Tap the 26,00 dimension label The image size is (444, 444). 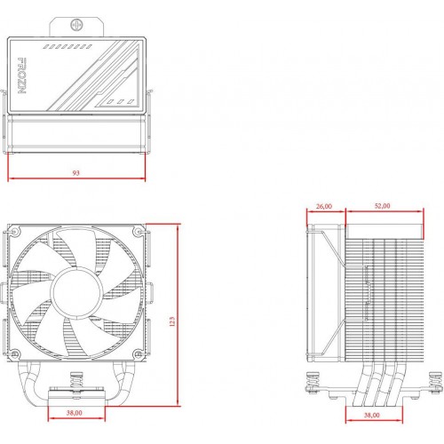pos(323,206)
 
